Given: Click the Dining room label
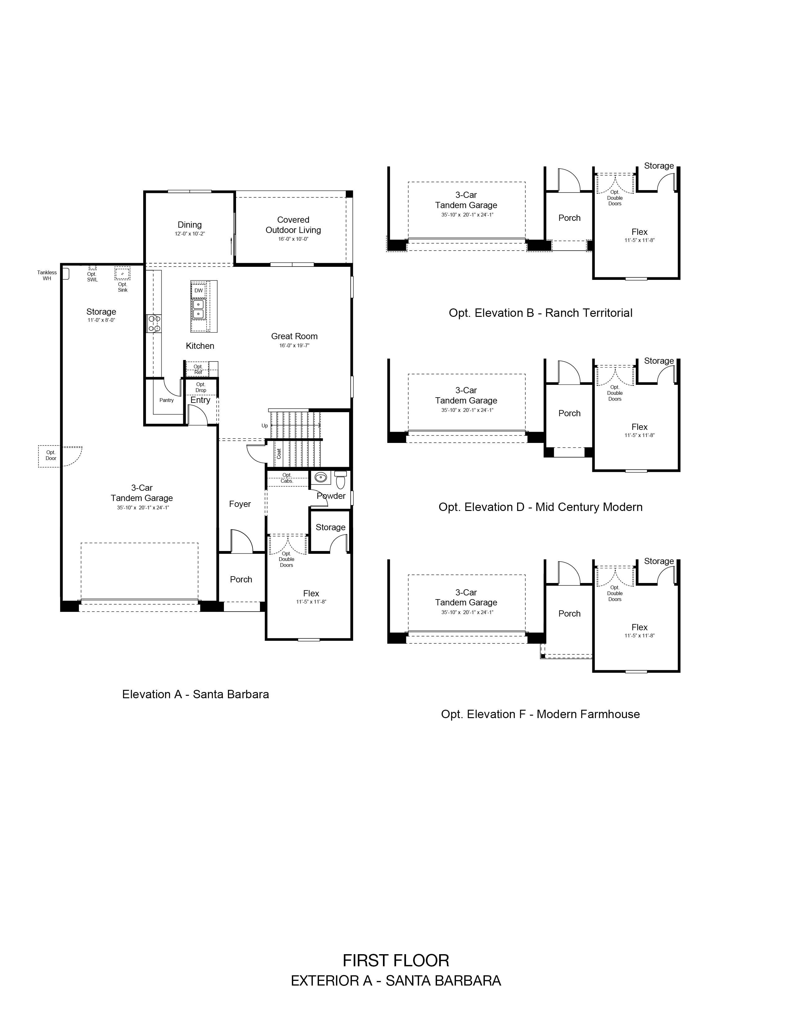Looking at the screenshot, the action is [x=189, y=225].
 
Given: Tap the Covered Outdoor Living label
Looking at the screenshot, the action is [x=293, y=225].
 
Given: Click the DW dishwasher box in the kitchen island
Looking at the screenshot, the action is [x=198, y=290].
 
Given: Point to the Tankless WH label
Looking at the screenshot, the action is [x=47, y=276].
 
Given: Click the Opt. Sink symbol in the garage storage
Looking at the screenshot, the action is [x=122, y=273].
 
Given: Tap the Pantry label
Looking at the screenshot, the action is [x=166, y=400].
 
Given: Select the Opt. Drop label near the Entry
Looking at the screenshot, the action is [x=201, y=387].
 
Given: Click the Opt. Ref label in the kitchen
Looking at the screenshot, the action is [x=198, y=369].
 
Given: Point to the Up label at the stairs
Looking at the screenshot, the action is [x=265, y=426].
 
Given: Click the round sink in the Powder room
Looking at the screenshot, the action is [x=321, y=478].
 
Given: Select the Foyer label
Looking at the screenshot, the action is [x=240, y=504].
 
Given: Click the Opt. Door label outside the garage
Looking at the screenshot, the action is [x=51, y=455].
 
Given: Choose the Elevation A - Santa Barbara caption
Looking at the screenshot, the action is [x=196, y=694].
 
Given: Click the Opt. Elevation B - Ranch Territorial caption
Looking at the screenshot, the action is [x=540, y=313].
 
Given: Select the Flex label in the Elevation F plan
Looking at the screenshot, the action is [x=640, y=627].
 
